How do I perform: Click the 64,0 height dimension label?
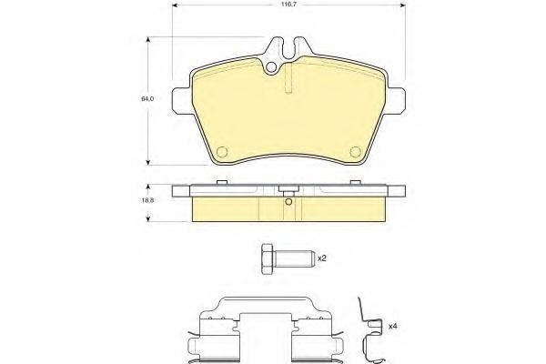tap(147, 99)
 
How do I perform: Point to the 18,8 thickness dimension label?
tap(147, 200)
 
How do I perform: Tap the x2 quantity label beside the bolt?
tap(321, 258)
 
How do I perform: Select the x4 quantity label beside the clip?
tap(393, 327)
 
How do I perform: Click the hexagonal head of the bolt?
tap(268, 258)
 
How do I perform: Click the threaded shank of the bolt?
tap(294, 258)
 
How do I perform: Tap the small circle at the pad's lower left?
tap(222, 152)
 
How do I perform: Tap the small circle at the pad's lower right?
tap(356, 152)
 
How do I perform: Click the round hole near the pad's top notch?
tap(271, 67)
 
